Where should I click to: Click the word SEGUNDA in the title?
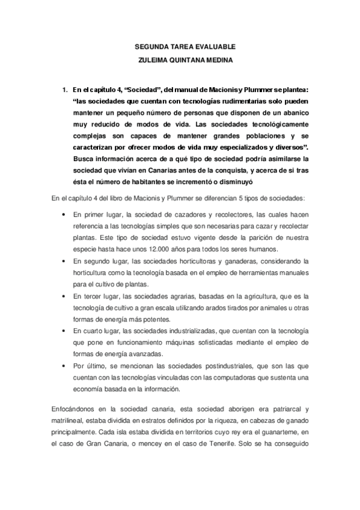149,46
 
